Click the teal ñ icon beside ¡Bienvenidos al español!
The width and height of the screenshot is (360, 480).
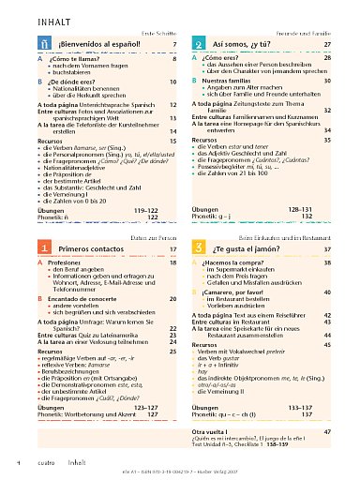coord(45,44)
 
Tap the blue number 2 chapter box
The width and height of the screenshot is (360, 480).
coord(200,44)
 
